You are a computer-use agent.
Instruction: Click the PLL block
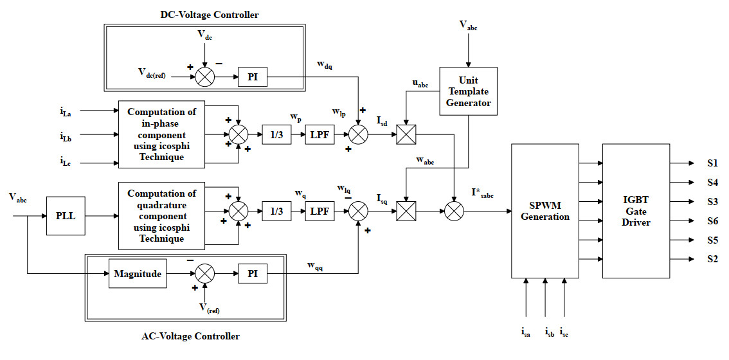(66, 216)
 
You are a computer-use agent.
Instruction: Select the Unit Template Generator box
(468, 91)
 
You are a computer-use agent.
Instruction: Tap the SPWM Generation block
(545, 211)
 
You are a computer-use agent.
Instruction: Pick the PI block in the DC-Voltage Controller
(252, 78)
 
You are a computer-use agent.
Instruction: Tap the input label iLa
(66, 113)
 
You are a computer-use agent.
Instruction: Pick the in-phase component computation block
(161, 134)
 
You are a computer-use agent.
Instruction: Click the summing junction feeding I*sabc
(455, 210)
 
